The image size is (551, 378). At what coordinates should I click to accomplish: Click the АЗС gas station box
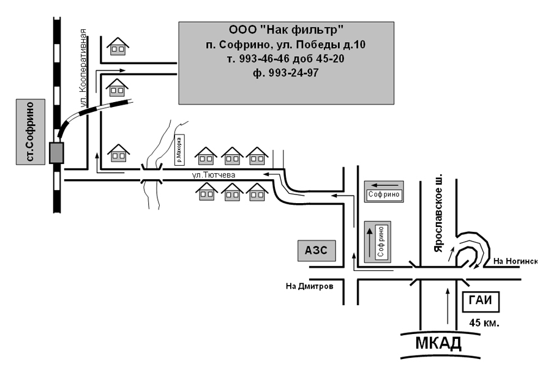[x=317, y=251]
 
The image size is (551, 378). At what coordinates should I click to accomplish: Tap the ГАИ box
[x=481, y=302]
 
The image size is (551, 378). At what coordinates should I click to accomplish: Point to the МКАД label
[x=438, y=343]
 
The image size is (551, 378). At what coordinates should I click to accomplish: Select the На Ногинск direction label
[x=515, y=261]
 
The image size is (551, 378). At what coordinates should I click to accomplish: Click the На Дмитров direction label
[x=310, y=286]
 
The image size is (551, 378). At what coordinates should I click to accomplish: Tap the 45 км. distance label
[x=484, y=323]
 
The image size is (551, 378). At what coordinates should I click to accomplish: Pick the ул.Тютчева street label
[x=214, y=175]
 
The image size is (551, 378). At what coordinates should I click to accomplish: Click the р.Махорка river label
[x=179, y=150]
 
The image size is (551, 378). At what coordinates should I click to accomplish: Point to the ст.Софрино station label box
[x=31, y=132]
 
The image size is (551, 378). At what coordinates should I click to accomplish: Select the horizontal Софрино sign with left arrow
[x=384, y=191]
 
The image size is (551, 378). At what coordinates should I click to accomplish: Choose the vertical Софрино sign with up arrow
[x=378, y=242]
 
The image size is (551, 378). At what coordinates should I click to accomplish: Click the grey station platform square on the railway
[x=56, y=153]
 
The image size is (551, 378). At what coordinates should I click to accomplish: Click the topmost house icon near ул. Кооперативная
[x=118, y=46]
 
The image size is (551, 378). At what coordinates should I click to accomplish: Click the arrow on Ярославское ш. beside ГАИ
[x=448, y=306]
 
